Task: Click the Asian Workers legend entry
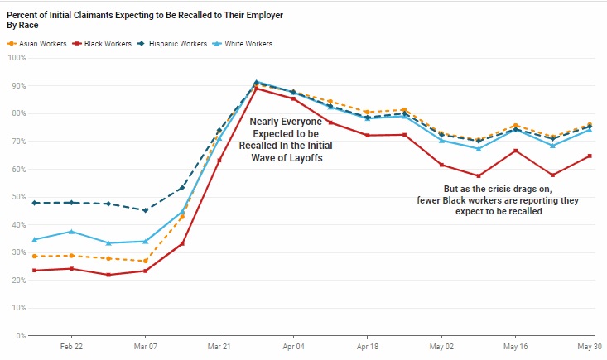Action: click(39, 43)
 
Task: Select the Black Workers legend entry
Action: click(103, 43)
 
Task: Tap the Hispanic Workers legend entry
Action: click(175, 43)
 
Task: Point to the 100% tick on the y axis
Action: click(16, 58)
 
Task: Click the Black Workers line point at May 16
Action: click(515, 151)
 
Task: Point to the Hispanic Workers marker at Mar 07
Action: click(145, 210)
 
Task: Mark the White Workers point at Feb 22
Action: click(72, 232)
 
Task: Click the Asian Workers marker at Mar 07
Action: click(145, 261)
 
